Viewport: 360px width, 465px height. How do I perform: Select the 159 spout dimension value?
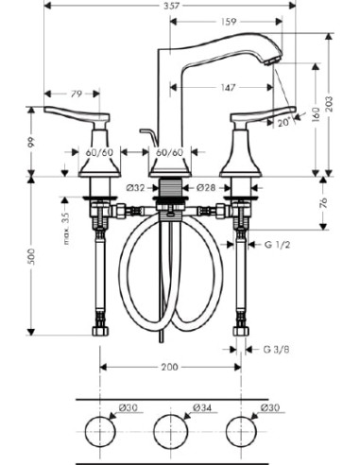[x=229, y=22]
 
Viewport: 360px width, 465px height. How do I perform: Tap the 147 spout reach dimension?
[x=228, y=87]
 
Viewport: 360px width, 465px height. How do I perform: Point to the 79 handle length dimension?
[x=76, y=94]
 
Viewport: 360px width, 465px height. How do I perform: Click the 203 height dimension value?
[x=329, y=104]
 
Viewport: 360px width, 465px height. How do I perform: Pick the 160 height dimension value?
[x=316, y=114]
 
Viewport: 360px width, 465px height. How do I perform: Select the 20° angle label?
[x=284, y=123]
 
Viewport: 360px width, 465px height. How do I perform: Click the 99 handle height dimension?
[x=31, y=142]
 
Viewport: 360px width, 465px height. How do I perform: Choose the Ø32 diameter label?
[x=136, y=188]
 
